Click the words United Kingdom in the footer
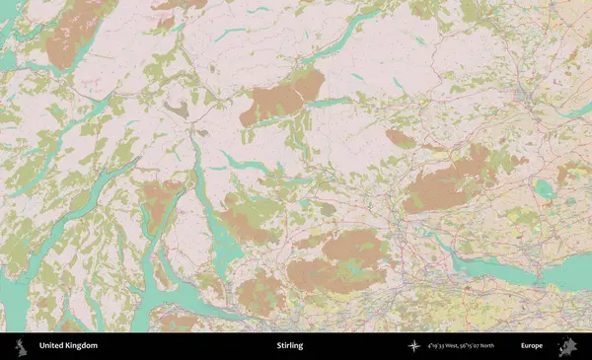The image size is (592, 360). (x=68, y=346)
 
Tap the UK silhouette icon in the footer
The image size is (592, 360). (x=19, y=346)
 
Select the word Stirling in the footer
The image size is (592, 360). (x=290, y=346)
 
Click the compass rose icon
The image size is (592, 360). (x=412, y=346)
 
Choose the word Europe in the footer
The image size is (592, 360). (x=532, y=346)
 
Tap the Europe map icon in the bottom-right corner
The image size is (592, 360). (x=568, y=346)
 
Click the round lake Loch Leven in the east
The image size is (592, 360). (x=544, y=187)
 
